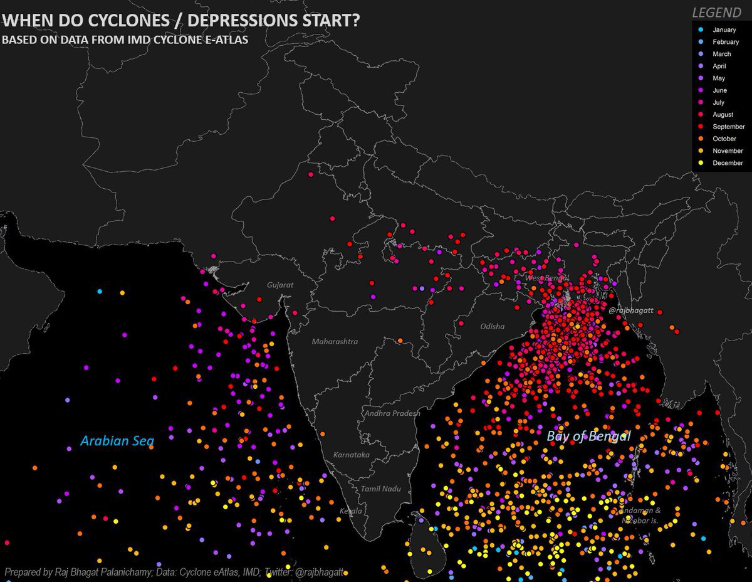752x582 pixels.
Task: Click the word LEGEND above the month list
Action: tap(716, 13)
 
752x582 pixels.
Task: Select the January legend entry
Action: tap(724, 30)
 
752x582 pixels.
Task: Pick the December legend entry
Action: tap(728, 163)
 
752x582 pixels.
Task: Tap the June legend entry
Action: tap(719, 90)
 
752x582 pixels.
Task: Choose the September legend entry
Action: tap(729, 127)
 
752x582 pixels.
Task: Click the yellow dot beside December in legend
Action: tap(701, 163)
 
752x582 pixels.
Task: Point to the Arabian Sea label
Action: tap(117, 442)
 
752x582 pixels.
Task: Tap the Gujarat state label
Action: tap(280, 285)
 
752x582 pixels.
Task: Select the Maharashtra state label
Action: tap(335, 342)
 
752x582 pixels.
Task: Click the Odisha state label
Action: tap(492, 327)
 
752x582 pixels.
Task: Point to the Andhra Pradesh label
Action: tap(394, 413)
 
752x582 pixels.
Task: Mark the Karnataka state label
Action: tap(352, 455)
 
